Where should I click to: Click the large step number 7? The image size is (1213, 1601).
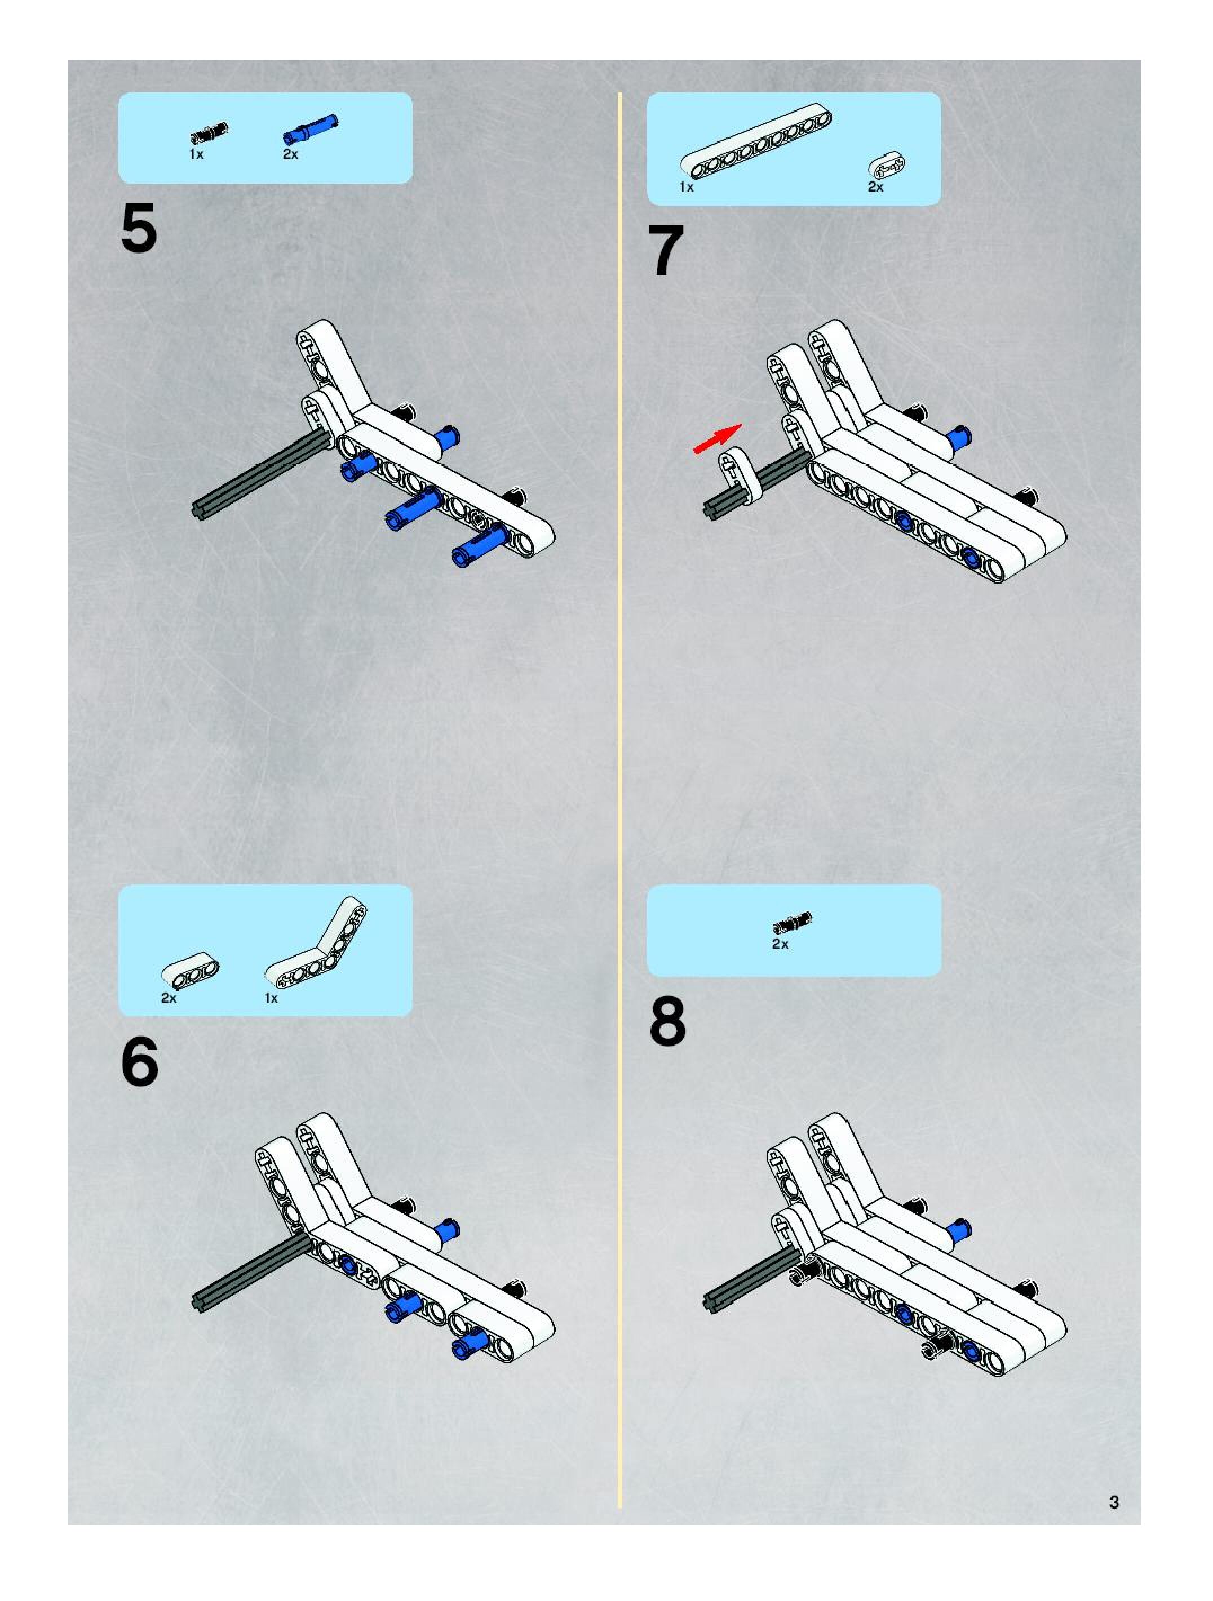point(666,251)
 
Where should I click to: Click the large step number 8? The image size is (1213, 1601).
point(667,1021)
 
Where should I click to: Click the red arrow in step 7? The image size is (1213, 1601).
point(718,439)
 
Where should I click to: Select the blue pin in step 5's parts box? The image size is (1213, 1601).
point(310,128)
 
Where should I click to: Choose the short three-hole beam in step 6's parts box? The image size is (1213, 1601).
point(191,972)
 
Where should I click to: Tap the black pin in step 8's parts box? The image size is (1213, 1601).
point(793,922)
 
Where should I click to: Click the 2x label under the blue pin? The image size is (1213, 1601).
point(290,154)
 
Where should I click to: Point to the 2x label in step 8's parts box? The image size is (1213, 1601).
point(780,945)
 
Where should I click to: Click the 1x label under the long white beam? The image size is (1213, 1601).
point(687,188)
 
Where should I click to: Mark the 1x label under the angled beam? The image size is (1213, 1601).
point(272,998)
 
